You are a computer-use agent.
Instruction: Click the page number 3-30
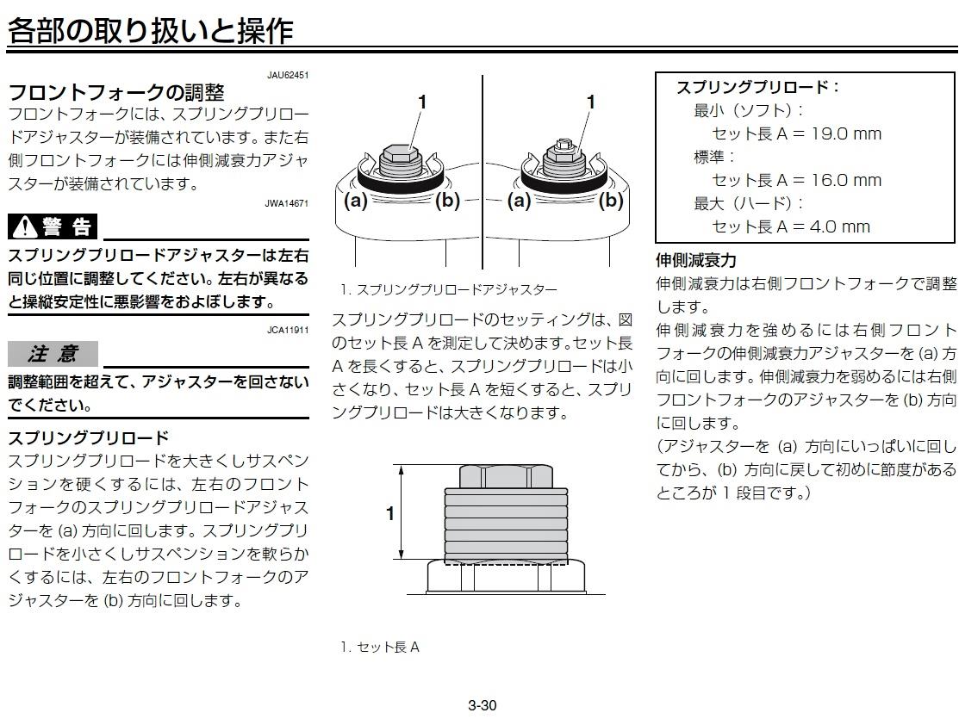(x=482, y=705)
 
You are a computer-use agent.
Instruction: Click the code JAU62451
(x=288, y=75)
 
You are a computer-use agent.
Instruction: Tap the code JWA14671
(x=287, y=203)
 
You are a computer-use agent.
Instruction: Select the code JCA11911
(x=288, y=330)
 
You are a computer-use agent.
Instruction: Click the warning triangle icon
(x=25, y=226)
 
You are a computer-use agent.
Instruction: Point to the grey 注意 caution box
(x=53, y=354)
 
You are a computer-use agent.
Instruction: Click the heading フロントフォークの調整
(x=116, y=92)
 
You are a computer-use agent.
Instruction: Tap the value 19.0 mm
(x=846, y=133)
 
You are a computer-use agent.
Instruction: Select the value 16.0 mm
(x=846, y=180)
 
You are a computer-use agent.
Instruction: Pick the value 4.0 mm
(x=840, y=226)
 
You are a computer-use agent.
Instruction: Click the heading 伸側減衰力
(x=696, y=260)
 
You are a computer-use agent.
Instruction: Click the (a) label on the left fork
(x=355, y=201)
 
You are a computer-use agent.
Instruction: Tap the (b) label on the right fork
(x=611, y=201)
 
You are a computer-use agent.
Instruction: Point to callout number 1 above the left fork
(x=422, y=102)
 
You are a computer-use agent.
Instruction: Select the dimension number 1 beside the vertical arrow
(x=390, y=513)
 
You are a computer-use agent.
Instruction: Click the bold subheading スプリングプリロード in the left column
(x=88, y=437)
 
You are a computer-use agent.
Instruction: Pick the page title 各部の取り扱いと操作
(x=151, y=31)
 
